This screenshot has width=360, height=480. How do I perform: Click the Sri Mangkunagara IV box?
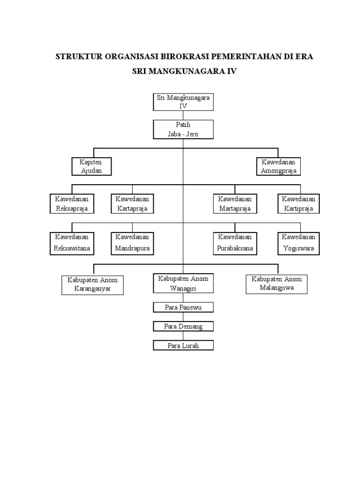pos(183,102)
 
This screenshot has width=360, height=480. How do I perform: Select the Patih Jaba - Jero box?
pos(183,129)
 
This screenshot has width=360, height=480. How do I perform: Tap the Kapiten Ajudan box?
pos(91,166)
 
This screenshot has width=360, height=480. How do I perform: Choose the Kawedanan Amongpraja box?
pos(278,166)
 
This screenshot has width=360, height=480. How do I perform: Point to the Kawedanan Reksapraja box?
pos(72,204)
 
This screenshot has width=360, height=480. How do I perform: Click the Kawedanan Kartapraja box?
pos(132,204)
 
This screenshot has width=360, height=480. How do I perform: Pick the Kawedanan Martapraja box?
pos(235,204)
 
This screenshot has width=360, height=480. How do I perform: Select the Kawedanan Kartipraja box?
pos(299,204)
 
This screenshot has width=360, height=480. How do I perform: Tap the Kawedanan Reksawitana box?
pos(72,243)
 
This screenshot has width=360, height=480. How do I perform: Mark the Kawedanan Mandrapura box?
pos(132,243)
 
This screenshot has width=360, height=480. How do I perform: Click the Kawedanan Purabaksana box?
pos(235,243)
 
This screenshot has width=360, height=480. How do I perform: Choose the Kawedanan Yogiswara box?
pos(299,243)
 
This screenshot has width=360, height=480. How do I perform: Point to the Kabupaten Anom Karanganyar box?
pos(92,285)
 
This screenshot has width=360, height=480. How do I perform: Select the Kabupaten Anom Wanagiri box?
pos(183,283)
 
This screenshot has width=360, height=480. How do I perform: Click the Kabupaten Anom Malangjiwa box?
pos(277,284)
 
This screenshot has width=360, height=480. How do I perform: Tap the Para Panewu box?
pos(183,307)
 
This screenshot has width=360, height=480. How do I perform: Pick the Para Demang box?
pos(183,326)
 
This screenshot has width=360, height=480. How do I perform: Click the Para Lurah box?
pos(183,345)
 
